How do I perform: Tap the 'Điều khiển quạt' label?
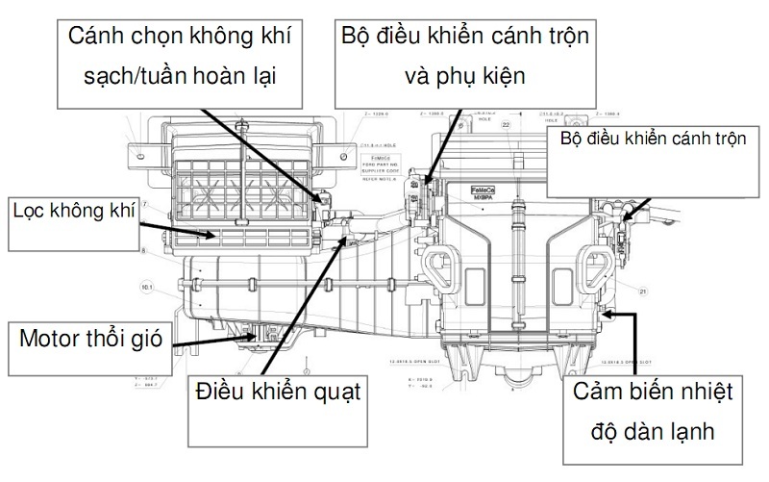[x=278, y=393]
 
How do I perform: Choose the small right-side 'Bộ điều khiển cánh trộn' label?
[x=653, y=139]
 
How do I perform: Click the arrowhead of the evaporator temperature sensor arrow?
[x=600, y=312]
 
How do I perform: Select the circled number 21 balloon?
[x=643, y=290]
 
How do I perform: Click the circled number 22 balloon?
[x=507, y=125]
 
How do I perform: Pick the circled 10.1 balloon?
[x=147, y=287]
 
